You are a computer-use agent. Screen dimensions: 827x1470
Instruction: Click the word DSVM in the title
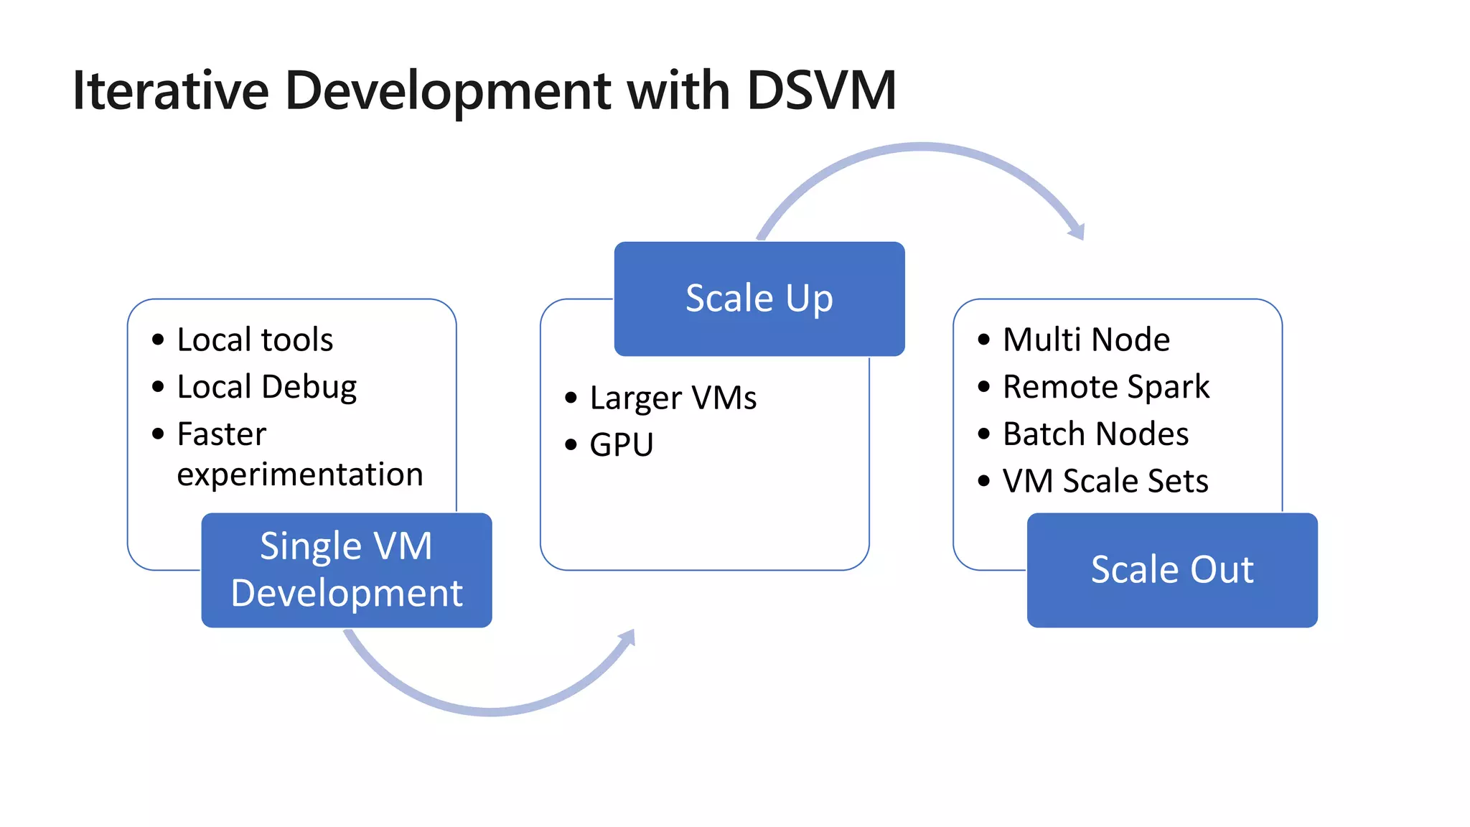tap(821, 91)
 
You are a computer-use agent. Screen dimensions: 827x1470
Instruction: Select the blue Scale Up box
tap(759, 299)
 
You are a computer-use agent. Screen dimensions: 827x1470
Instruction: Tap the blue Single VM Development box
tap(347, 570)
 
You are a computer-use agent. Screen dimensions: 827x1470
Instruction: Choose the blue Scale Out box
tap(1172, 570)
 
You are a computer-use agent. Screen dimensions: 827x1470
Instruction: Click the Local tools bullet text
tap(255, 340)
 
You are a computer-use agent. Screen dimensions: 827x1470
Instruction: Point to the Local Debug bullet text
tap(266, 387)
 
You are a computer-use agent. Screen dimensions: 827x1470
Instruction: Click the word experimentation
tap(300, 475)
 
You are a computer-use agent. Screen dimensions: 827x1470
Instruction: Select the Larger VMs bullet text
tap(673, 398)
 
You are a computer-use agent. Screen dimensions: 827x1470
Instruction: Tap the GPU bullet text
tap(622, 444)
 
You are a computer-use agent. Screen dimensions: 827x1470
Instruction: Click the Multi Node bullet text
tap(1086, 340)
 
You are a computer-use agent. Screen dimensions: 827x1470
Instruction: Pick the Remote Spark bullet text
tap(1106, 387)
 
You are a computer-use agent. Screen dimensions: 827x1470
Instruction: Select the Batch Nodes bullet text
tap(1095, 434)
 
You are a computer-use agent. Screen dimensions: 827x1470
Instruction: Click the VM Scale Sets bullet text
tap(1105, 481)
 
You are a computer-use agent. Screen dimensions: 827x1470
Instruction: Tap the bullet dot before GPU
tap(571, 445)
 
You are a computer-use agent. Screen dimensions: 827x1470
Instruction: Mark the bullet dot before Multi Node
tap(983, 340)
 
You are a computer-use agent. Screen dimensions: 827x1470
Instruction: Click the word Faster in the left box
tap(222, 434)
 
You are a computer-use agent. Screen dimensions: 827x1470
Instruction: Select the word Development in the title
tap(448, 91)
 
